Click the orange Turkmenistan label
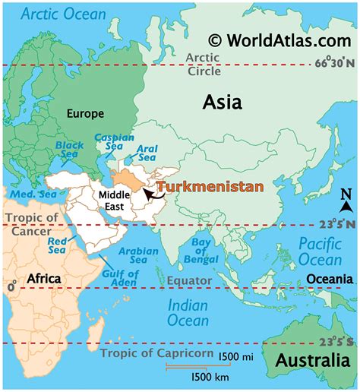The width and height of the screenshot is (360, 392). tap(210, 186)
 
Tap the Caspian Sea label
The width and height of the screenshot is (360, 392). tap(113, 144)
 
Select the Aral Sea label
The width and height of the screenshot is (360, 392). tap(147, 155)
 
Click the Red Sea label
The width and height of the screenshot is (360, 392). tap(58, 245)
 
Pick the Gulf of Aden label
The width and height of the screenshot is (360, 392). tap(119, 277)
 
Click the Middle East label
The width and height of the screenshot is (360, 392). tap(114, 201)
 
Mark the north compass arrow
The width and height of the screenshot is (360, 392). tap(346, 201)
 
